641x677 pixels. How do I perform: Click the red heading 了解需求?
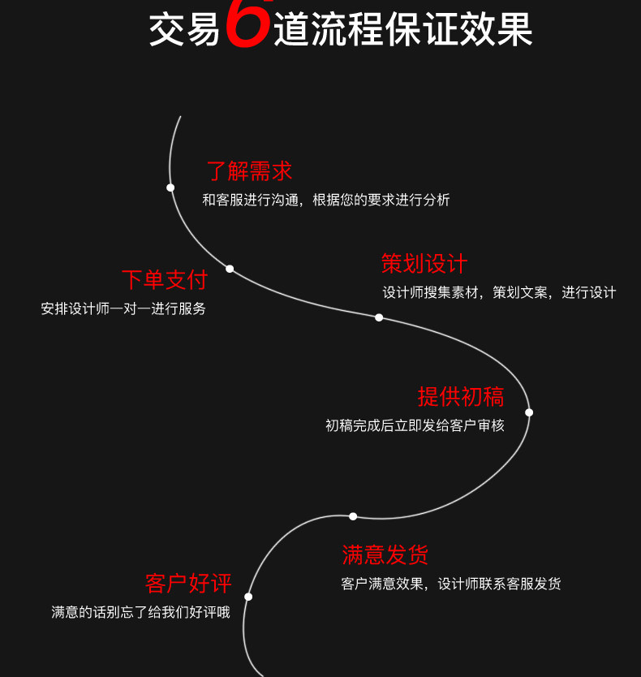point(249,171)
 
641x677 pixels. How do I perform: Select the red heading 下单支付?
point(165,280)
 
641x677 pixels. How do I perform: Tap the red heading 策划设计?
point(424,264)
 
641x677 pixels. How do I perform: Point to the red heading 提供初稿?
point(461,397)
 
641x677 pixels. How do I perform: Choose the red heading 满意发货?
point(385,555)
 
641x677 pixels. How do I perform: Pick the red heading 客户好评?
point(188,584)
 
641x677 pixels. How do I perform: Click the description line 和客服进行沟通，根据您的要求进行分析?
point(326,200)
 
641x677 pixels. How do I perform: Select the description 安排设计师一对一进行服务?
point(123,309)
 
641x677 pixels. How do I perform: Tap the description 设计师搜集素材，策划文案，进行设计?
point(499,293)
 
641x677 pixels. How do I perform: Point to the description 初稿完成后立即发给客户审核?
point(415,425)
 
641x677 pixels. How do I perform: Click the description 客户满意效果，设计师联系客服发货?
point(450,584)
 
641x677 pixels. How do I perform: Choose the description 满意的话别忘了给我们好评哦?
point(140,613)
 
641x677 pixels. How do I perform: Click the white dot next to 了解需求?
point(170,188)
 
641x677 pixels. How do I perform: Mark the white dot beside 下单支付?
point(230,269)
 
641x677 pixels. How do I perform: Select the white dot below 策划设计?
point(379,317)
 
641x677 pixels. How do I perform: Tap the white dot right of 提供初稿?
point(529,412)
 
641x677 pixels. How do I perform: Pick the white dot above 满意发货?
point(353,516)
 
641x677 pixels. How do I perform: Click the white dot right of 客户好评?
point(248,597)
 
